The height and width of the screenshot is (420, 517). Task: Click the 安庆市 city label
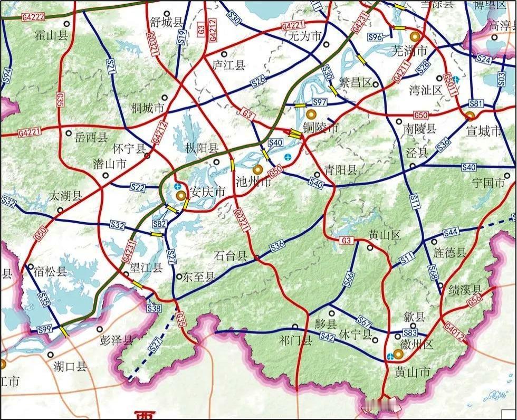pyautogui.click(x=207, y=193)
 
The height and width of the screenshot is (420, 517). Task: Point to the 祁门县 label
pyautogui.click(x=296, y=340)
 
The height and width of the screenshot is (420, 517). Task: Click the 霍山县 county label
pyautogui.click(x=51, y=35)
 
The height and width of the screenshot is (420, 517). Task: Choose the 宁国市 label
pyautogui.click(x=490, y=184)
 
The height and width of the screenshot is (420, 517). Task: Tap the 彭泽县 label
pyautogui.click(x=117, y=340)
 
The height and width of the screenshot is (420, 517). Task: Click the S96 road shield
pyautogui.click(x=375, y=36)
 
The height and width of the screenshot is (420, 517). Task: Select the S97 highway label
pyautogui.click(x=320, y=102)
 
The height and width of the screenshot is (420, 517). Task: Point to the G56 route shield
pyautogui.click(x=475, y=299)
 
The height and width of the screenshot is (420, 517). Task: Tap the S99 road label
pyautogui.click(x=45, y=330)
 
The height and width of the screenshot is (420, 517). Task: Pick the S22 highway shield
pyautogui.click(x=137, y=187)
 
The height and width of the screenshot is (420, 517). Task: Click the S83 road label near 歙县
pyautogui.click(x=410, y=333)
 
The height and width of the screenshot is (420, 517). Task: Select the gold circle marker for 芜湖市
pyautogui.click(x=415, y=36)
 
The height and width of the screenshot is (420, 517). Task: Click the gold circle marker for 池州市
pyautogui.click(x=258, y=169)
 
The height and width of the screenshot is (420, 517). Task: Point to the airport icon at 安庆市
pyautogui.click(x=177, y=187)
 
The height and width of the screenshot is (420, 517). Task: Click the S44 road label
pyautogui.click(x=451, y=233)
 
